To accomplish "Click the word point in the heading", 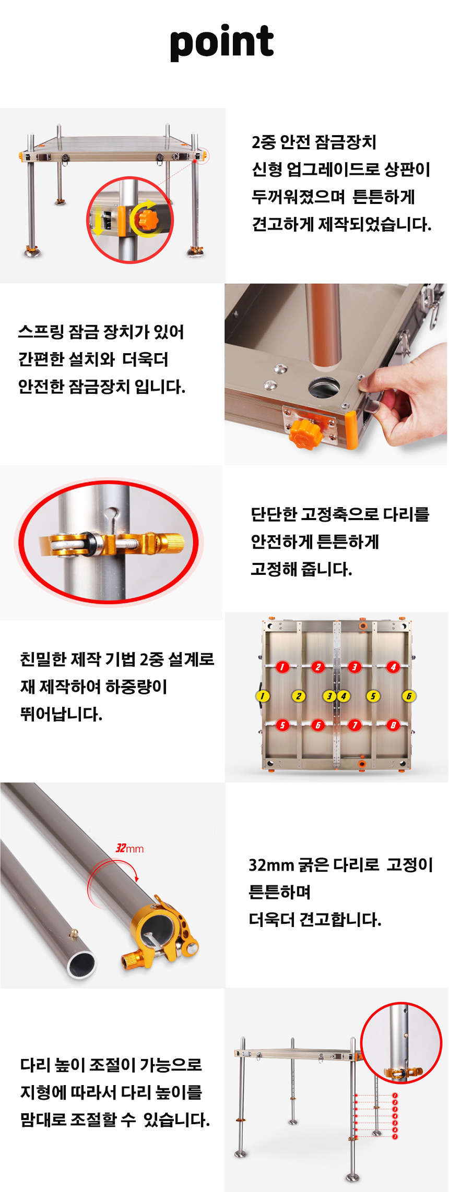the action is pos(222,42).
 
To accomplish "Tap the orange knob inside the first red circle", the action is pos(148,219).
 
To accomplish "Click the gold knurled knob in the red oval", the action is pos(170,544).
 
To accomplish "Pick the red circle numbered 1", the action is pos(282,667).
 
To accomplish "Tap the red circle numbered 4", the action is pos(393,667).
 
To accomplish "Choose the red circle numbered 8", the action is pos(393,725).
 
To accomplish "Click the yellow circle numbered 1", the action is pos(263,696).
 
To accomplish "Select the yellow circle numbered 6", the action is pos(409,696).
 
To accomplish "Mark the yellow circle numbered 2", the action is pos(299,696).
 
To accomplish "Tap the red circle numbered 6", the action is pos(318,725).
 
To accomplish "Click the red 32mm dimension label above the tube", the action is pos(129,848).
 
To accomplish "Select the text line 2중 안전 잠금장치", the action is pos(314,142).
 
